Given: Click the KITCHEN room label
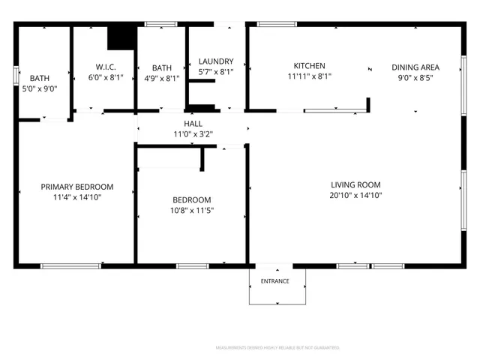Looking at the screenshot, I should click(x=309, y=66).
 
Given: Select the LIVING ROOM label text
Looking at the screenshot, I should click(x=355, y=184).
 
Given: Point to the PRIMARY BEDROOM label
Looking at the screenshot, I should click(x=77, y=187).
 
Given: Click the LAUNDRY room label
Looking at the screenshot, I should click(x=215, y=61).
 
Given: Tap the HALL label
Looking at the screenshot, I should click(x=193, y=124).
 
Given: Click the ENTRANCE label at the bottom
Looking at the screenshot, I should click(x=277, y=282).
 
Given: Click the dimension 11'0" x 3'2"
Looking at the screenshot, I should click(x=193, y=135).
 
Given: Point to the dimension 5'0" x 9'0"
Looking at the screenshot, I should click(x=40, y=88).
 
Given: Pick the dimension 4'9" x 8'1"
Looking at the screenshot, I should click(x=161, y=77).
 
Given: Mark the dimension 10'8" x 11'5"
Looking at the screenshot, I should click(x=192, y=211).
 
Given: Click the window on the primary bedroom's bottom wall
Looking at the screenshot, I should click(x=70, y=265).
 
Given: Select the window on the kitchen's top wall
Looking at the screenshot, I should click(x=277, y=24).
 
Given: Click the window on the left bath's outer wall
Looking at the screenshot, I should click(x=16, y=76).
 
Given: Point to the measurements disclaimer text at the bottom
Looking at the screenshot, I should click(x=277, y=348).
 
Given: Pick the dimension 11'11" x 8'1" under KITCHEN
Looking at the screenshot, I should click(x=309, y=76).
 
